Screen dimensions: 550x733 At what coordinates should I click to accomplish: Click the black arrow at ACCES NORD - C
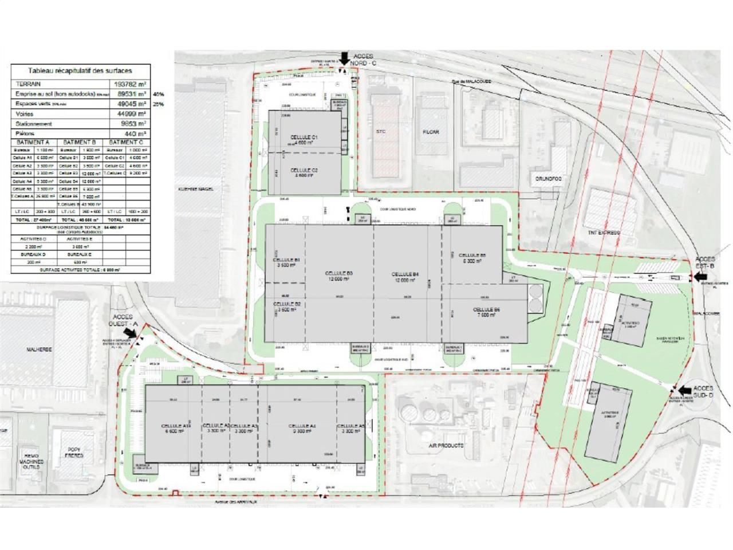point(344,57)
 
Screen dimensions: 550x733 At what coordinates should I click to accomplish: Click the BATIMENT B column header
point(80,142)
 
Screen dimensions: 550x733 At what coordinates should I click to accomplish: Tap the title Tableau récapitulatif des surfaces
point(81,71)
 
